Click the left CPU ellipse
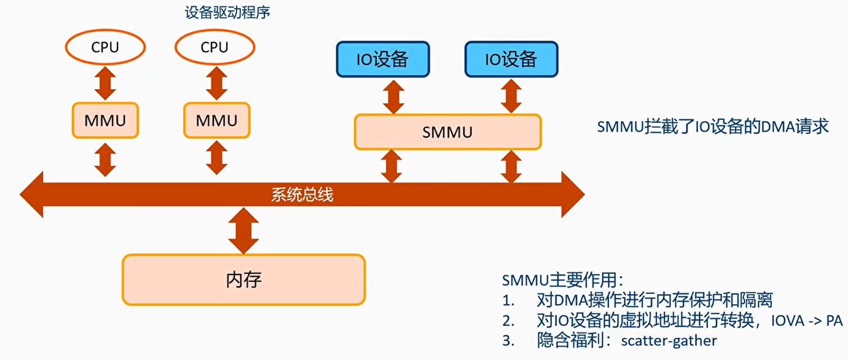(105, 47)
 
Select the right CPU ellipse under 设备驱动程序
(214, 47)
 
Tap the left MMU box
(105, 120)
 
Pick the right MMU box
(216, 120)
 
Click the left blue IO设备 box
(382, 59)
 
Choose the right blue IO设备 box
(511, 59)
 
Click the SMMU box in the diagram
(447, 131)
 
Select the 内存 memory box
(243, 280)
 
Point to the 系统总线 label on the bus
(302, 195)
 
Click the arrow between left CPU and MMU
(105, 84)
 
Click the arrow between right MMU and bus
(216, 158)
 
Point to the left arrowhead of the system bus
(33, 195)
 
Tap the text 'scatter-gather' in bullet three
(669, 340)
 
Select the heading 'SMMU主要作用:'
(562, 280)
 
